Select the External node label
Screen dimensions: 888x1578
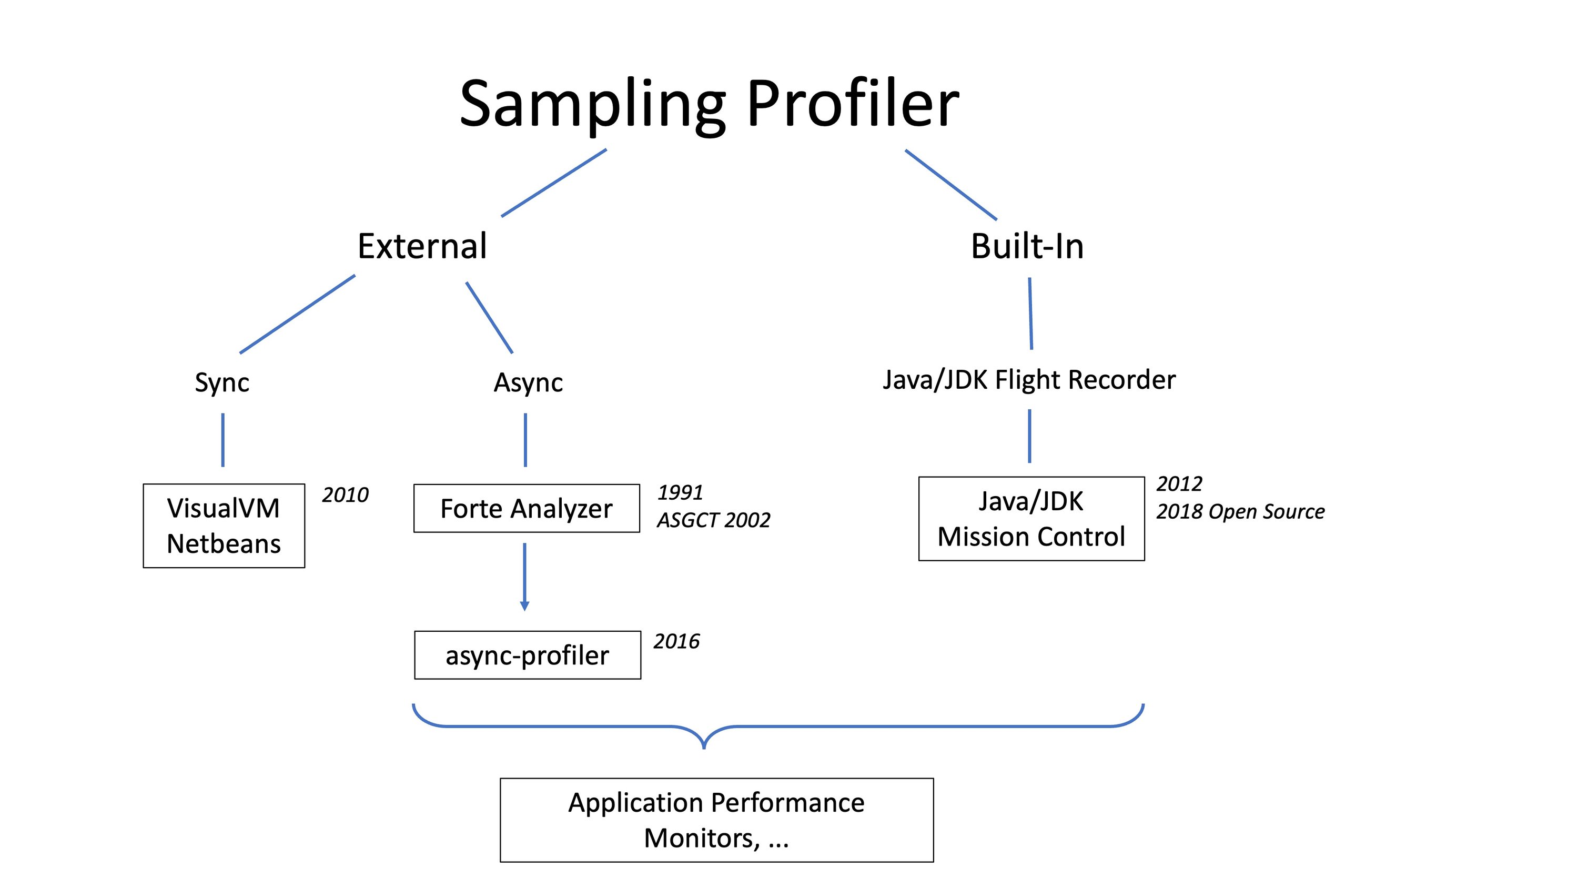[422, 246]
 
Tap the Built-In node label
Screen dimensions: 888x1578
[1027, 246]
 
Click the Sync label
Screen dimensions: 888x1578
[222, 382]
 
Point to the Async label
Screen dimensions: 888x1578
[528, 382]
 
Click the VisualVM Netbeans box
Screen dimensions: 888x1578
[224, 526]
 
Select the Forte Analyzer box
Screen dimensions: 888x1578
[526, 509]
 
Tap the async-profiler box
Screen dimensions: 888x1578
[527, 655]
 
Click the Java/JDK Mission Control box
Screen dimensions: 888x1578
[1031, 519]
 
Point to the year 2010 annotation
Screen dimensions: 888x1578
[345, 495]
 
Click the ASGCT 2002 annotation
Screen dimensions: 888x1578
[713, 520]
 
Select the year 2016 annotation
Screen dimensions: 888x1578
[676, 642]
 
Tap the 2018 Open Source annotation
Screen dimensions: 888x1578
[1240, 512]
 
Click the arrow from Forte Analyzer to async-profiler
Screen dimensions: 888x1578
[524, 576]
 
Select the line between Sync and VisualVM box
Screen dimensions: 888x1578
[223, 440]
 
